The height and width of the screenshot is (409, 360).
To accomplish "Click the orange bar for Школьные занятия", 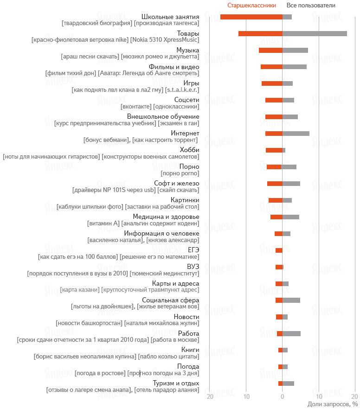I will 251,17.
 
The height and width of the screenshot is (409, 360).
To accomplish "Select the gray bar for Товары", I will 315,33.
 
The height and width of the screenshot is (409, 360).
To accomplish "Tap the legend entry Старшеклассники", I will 251,6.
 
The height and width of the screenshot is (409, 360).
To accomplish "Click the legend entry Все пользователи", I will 311,6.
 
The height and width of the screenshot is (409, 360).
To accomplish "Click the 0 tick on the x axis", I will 282,397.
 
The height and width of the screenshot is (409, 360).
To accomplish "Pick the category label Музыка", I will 188,50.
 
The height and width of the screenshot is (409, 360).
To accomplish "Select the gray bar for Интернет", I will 296,134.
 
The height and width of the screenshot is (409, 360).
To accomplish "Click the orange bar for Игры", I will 272,83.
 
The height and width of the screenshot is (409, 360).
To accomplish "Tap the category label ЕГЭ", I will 193,250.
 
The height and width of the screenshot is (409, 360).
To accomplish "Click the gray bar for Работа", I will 291,333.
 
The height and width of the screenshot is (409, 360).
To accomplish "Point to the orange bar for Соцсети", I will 274,100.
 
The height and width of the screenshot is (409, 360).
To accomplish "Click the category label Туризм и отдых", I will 176,383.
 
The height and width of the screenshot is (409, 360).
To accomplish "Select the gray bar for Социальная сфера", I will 291,300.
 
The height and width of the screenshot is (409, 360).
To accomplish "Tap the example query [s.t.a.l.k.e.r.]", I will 181,90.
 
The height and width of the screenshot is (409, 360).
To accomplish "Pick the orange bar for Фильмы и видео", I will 271,67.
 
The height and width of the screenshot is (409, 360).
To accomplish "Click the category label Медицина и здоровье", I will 166,217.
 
